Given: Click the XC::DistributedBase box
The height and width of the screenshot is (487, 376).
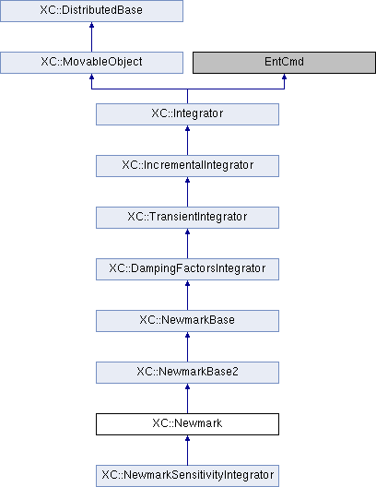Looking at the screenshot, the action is (91, 11).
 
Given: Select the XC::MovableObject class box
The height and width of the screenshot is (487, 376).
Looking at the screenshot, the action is (91, 63).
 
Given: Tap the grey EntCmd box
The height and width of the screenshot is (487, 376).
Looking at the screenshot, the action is (284, 63).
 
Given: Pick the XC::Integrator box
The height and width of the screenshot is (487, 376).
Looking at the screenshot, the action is (187, 114).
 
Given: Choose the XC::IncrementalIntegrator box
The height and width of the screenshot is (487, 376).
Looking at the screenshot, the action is (187, 166).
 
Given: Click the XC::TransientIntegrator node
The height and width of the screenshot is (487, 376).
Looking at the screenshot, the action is (187, 218).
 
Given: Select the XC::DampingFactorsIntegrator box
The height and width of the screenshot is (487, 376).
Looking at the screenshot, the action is (187, 269).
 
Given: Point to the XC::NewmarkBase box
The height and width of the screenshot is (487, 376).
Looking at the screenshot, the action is (187, 321).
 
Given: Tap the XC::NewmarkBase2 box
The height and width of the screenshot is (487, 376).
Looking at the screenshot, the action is (187, 373).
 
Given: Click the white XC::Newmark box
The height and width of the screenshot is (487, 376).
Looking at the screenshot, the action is (187, 424).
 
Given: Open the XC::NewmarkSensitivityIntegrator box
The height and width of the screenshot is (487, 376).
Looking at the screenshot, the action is (187, 476).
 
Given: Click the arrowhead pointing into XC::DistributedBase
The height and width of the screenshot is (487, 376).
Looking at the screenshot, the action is (91, 25).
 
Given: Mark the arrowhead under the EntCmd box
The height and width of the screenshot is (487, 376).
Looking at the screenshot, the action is (284, 76).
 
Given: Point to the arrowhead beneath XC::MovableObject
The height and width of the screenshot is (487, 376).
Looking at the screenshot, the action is (91, 76).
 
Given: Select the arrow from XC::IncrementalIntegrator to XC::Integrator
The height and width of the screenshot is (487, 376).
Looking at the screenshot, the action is (187, 140).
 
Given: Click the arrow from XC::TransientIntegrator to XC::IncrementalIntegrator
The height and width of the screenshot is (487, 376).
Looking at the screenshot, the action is (187, 192).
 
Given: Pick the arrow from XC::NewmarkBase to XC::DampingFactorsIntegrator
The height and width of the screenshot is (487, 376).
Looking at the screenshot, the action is (187, 295).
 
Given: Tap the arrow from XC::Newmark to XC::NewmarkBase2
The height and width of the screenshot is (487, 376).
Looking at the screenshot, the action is (187, 398).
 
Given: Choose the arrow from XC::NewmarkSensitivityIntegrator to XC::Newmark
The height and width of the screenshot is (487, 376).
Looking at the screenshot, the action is (187, 450).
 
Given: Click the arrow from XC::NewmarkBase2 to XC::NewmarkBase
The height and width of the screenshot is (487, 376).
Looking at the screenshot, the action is (187, 347).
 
